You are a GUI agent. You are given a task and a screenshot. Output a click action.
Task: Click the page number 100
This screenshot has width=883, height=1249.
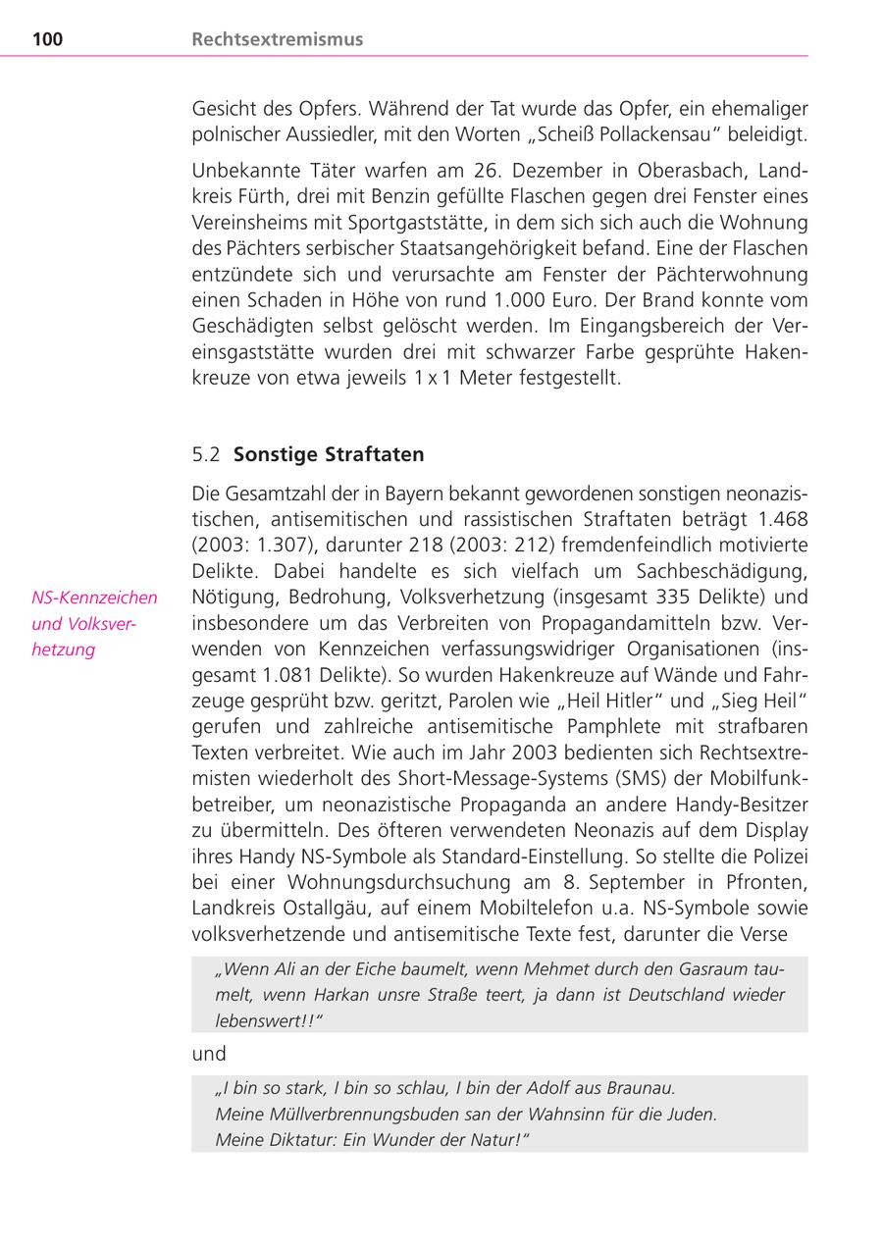tap(47, 39)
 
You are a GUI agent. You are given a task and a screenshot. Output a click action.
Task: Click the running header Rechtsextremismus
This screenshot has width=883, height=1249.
tap(277, 39)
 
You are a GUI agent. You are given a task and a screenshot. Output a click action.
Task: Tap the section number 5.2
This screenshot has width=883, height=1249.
tap(206, 454)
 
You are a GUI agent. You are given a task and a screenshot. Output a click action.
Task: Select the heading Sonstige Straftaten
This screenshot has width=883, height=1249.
tap(329, 454)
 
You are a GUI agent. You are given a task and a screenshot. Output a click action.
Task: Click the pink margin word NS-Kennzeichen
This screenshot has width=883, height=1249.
tap(94, 598)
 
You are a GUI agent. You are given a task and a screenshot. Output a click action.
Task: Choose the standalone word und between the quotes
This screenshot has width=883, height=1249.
tap(209, 1054)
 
